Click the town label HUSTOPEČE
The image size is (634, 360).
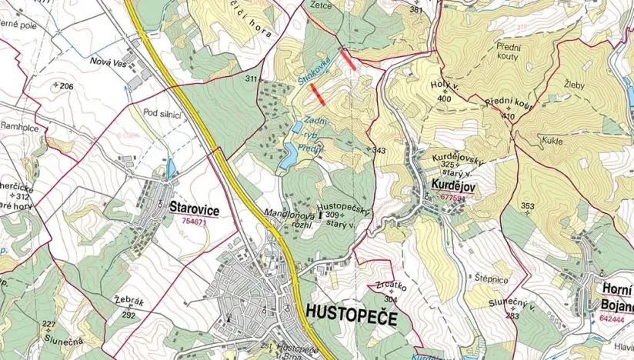coord(351,313)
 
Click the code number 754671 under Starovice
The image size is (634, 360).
coord(195,222)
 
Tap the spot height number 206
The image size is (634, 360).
coord(66,86)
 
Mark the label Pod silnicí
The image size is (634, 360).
coord(162,114)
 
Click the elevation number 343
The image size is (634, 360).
coord(378,150)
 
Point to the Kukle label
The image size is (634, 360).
coord(552,141)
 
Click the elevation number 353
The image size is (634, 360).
coord(527,205)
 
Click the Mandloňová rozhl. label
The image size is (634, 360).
coord(288,217)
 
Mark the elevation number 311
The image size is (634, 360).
coord(251,79)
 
